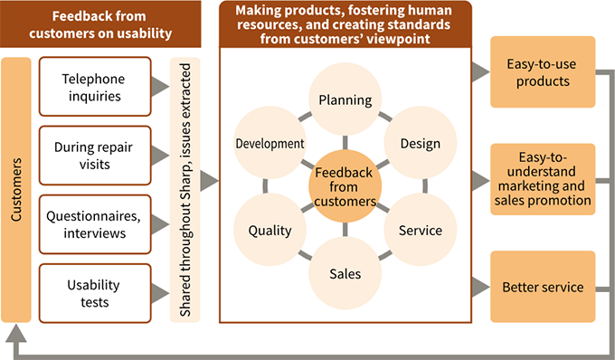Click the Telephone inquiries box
[95, 86]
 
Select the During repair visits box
[95, 155]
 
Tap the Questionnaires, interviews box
[95, 223]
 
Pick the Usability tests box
[95, 291]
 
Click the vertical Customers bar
[18, 190]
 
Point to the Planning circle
[345, 99]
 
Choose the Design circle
[420, 143]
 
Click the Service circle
[420, 230]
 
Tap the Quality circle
[270, 230]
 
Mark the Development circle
[270, 143]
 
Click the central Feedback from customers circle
[345, 187]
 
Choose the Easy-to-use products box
[543, 71]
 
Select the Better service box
[543, 288]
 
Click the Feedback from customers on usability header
[111, 26]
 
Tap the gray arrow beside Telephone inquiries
[160, 86]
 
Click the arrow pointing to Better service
[479, 288]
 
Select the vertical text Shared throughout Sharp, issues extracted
[185, 190]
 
